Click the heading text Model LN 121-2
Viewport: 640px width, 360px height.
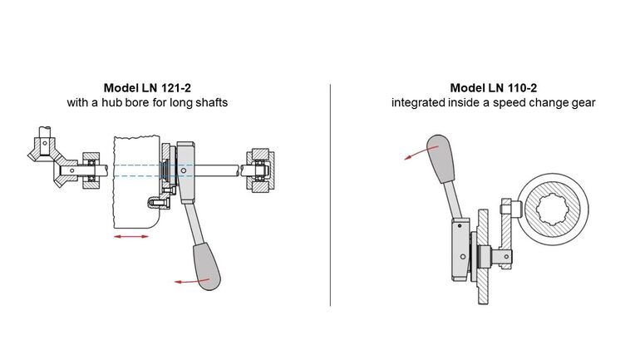tap(147, 87)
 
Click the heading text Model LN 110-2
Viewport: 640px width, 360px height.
tap(494, 87)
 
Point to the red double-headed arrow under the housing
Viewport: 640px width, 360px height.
tap(132, 237)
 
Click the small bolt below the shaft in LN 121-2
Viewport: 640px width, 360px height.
tap(151, 201)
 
